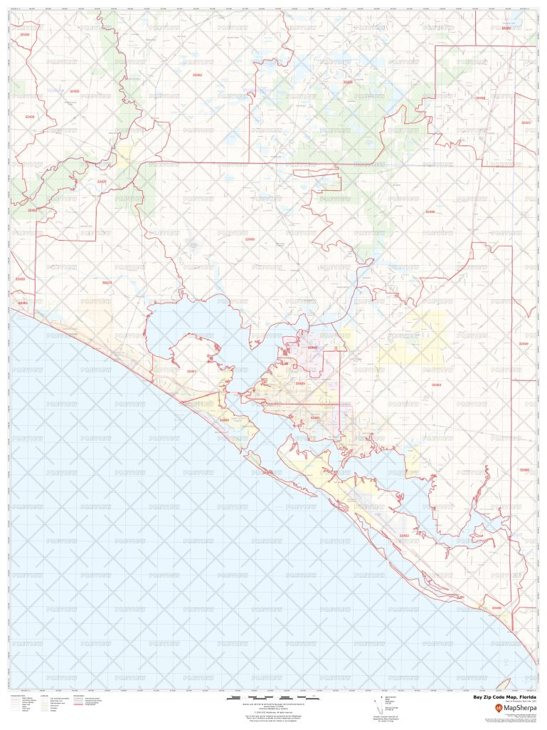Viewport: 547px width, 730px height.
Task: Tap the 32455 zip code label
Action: point(75,91)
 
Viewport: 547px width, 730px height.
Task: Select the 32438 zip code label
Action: point(481,98)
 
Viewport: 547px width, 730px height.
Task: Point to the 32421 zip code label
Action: point(526,122)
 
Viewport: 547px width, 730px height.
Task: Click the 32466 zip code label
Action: point(430,212)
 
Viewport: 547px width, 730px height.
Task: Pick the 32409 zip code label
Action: point(249,239)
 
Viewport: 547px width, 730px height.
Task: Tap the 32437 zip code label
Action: point(102,182)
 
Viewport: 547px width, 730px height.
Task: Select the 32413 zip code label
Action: point(107,283)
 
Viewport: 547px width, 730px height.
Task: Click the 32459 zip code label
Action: point(20,279)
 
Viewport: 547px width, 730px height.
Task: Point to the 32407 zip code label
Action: point(191,371)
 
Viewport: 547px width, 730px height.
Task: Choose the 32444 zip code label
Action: point(312,347)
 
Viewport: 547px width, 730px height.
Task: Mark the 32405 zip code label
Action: point(300,383)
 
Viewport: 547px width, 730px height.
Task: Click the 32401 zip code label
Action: point(315,417)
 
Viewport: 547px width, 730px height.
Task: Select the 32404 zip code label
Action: point(436,385)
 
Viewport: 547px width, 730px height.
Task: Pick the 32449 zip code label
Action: point(524,344)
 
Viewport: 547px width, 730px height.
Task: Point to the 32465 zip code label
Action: point(524,470)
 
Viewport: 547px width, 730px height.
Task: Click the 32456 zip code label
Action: point(496,608)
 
